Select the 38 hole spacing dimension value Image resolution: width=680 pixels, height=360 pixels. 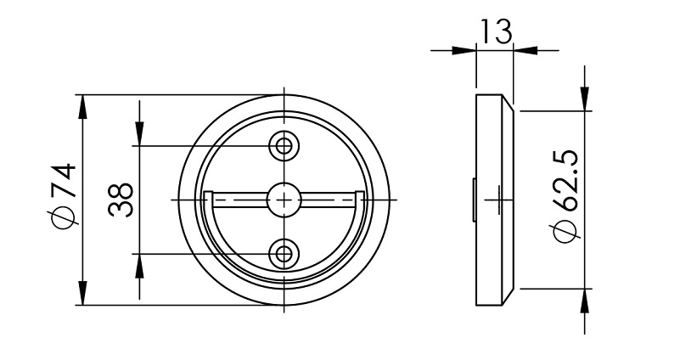point(121,200)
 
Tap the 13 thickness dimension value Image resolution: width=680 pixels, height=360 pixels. point(495,31)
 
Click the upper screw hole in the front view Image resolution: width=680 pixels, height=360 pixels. point(284,145)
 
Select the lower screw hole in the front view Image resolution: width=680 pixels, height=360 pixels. point(284,252)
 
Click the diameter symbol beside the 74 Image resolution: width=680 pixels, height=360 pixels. point(65,218)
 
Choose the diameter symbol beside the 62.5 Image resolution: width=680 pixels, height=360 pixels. point(566,231)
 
